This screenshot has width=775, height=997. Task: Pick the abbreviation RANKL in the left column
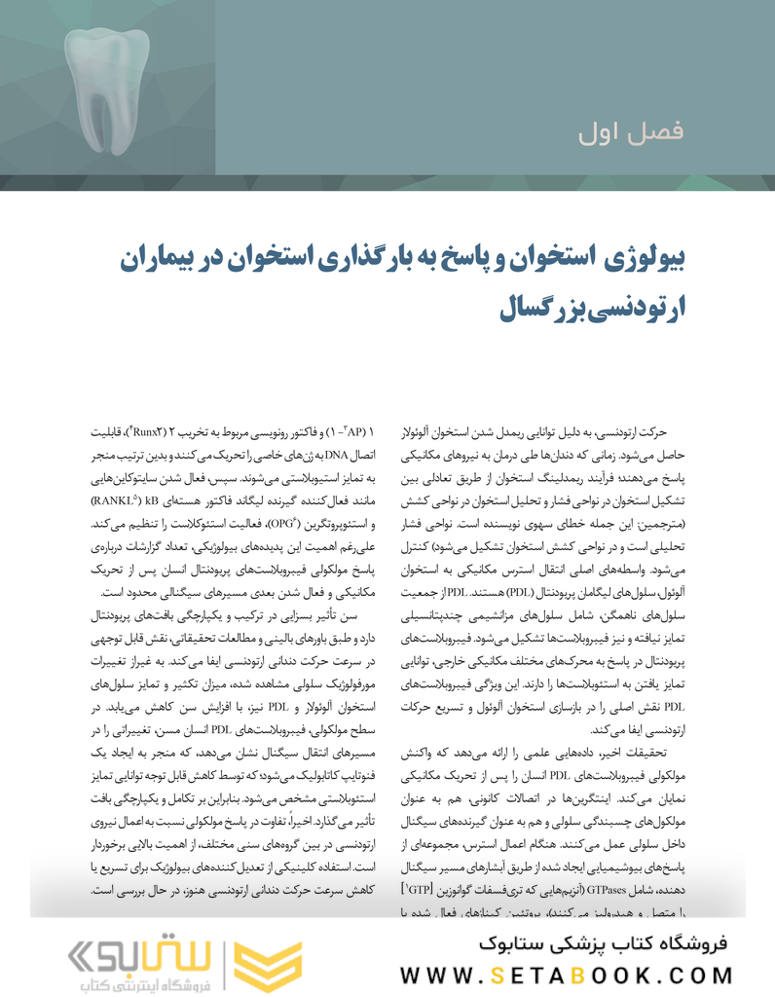click(111, 500)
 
